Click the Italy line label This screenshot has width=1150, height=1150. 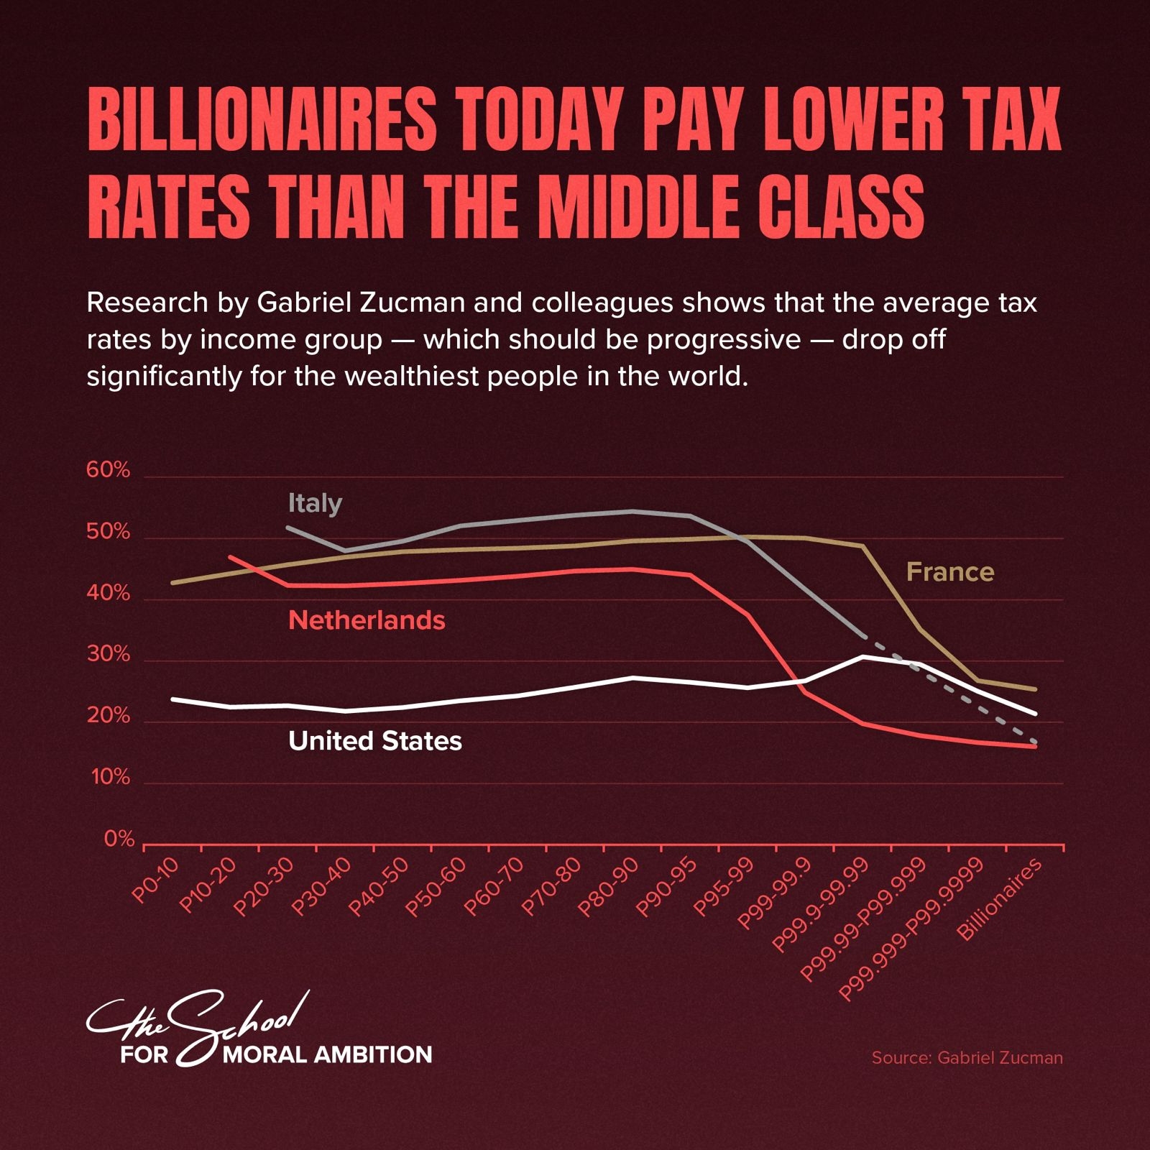click(315, 503)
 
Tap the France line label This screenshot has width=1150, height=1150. click(950, 572)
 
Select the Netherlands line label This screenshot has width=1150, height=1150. click(367, 620)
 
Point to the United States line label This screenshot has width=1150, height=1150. click(374, 741)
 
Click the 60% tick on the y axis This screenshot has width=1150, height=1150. click(108, 470)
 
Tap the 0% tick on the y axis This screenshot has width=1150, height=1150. click(119, 839)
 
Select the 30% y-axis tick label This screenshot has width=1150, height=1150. click(108, 655)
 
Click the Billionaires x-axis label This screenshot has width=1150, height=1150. click(1000, 900)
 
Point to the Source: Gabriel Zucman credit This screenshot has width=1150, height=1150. click(967, 1057)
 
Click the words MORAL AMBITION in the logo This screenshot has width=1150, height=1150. click(328, 1054)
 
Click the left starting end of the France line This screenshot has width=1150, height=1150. click(172, 582)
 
